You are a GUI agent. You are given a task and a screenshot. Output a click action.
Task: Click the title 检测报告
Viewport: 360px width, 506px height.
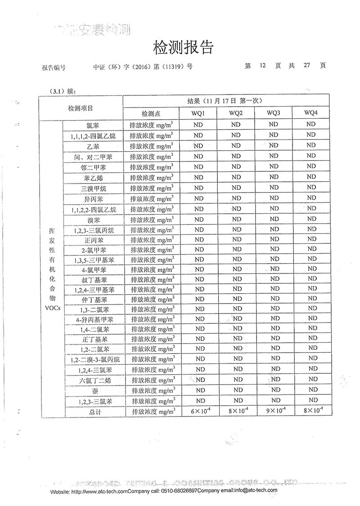(x=183, y=47)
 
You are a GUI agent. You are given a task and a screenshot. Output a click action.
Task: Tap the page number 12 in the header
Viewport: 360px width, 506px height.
(x=263, y=65)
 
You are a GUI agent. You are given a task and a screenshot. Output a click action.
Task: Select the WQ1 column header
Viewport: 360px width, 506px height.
(x=198, y=112)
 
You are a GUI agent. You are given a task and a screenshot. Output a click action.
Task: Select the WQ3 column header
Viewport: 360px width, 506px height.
(x=274, y=112)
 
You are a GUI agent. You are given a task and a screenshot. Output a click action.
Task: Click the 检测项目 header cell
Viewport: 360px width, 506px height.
(x=81, y=108)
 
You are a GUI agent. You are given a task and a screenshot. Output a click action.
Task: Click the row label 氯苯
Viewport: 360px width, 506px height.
(x=94, y=125)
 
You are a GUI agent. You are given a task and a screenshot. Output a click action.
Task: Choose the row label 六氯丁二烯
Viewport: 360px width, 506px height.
(x=94, y=381)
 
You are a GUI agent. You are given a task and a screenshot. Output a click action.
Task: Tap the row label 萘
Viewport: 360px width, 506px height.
(x=94, y=391)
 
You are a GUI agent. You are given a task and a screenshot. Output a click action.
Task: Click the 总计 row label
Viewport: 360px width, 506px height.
(x=94, y=412)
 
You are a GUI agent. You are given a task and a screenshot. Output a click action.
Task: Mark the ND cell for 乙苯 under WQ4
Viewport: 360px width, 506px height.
(x=311, y=145)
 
